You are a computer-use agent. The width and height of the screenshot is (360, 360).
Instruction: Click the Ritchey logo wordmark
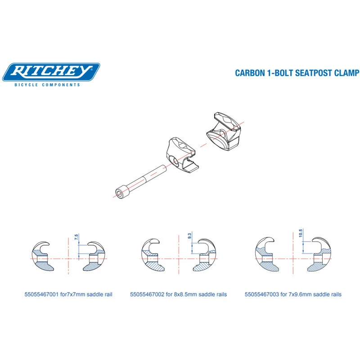pyautogui.click(x=51, y=71)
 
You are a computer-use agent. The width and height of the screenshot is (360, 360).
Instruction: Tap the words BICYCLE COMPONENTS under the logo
pyautogui.click(x=47, y=85)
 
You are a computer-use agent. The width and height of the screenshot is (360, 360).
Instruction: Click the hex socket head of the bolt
pyautogui.click(x=120, y=193)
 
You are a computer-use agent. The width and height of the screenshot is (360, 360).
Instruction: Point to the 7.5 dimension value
pyautogui.click(x=76, y=237)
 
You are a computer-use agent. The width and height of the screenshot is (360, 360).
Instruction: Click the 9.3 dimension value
pyautogui.click(x=189, y=236)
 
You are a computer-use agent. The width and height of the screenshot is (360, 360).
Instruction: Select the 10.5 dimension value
pyautogui.click(x=301, y=234)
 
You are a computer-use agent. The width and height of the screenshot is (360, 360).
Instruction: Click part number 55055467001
pyautogui.click(x=41, y=294)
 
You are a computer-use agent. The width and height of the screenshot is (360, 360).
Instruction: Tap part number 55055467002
pyautogui.click(x=147, y=294)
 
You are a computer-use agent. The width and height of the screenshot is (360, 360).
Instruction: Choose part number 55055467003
pyautogui.click(x=262, y=294)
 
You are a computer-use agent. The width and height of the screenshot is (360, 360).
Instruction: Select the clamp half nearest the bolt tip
pyautogui.click(x=182, y=155)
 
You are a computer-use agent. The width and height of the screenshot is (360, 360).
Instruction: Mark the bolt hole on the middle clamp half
pyautogui.click(x=175, y=161)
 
